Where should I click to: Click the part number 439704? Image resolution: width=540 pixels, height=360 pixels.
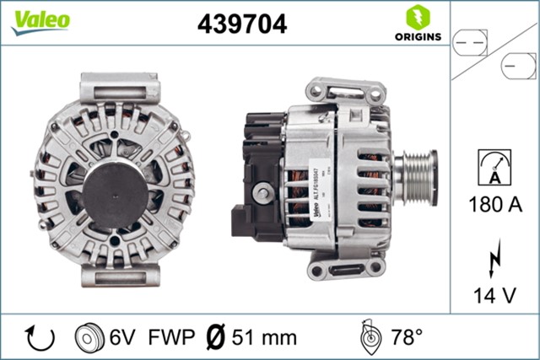242,24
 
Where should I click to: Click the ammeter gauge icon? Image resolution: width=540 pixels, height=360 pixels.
494,167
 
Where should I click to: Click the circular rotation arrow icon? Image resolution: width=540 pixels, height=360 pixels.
39,337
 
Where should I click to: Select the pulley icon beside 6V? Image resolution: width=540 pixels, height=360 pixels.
89,337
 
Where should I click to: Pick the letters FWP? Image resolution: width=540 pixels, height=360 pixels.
166,337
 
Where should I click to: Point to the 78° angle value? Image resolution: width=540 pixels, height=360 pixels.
406,337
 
